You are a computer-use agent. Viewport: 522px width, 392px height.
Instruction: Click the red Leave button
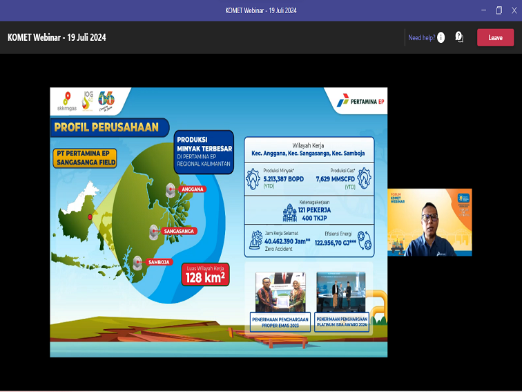495,37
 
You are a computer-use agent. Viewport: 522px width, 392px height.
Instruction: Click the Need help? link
422,37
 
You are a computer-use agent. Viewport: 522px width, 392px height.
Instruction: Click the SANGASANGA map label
178,230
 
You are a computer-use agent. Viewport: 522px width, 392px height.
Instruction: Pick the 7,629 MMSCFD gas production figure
338,178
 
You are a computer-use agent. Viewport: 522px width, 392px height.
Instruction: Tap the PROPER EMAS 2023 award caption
280,321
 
